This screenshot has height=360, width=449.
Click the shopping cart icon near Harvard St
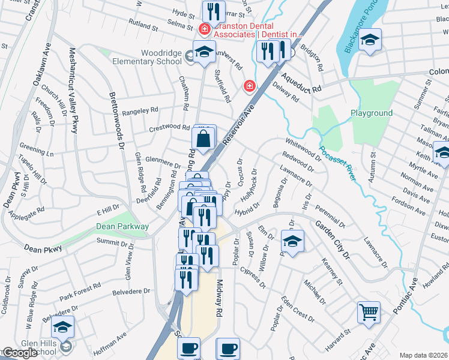pyautogui.click(x=369, y=311)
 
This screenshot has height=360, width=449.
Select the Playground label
pyautogui.click(x=372, y=113)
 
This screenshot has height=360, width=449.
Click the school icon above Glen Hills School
pyautogui.click(x=62, y=327)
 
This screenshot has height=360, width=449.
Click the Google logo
pyautogui.click(x=20, y=353)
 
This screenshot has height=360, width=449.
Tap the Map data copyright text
pyautogui.click(x=423, y=355)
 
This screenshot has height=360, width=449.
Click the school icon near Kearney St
pyautogui.click(x=292, y=242)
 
